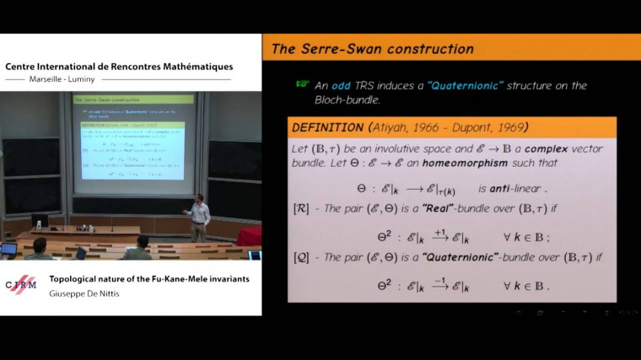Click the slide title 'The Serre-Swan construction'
tap(371, 49)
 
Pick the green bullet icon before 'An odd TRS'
tap(302, 84)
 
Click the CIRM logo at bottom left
tap(21, 284)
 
